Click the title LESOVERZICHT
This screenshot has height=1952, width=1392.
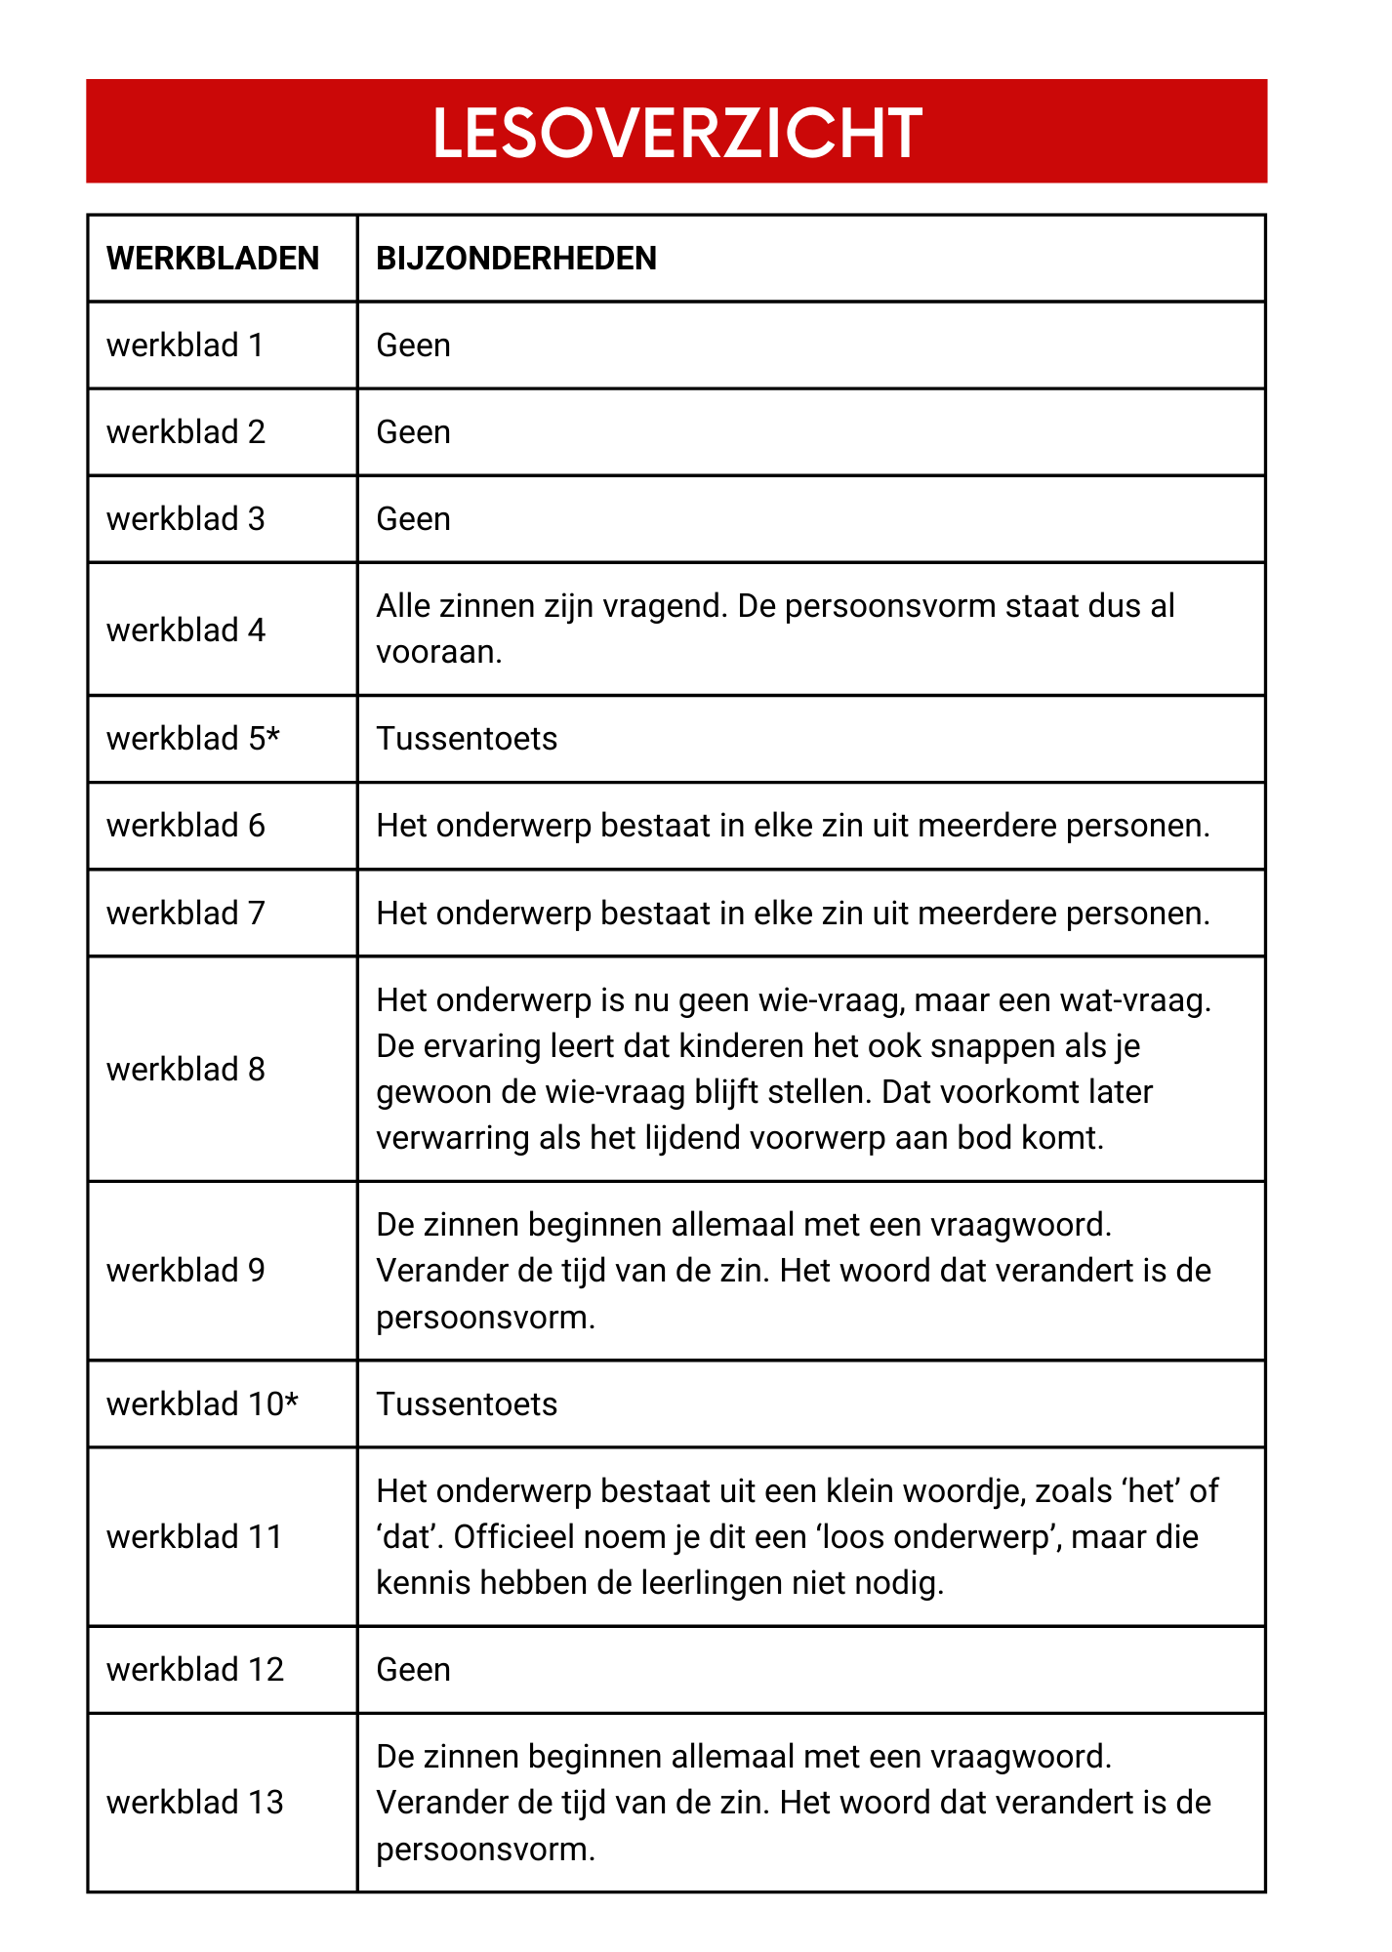tap(676, 133)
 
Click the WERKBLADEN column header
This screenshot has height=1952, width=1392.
tap(213, 259)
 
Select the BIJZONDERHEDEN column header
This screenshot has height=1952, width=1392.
tap(516, 259)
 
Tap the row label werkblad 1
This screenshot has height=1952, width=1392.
tap(185, 346)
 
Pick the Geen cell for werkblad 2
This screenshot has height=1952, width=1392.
tap(414, 432)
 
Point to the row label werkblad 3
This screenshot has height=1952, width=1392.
tap(185, 519)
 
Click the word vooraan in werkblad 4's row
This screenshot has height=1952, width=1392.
tap(438, 652)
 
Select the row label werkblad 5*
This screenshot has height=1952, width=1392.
tap(193, 739)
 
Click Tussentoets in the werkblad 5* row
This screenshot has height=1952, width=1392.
tap(467, 739)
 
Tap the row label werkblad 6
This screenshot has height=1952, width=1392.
tap(185, 826)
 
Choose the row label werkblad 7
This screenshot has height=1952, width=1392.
tap(185, 914)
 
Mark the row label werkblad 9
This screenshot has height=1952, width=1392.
tap(185, 1271)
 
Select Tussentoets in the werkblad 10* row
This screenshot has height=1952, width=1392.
tap(467, 1404)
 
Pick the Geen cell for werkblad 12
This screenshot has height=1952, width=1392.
tap(414, 1670)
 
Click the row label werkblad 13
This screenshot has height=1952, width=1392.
tap(195, 1803)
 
